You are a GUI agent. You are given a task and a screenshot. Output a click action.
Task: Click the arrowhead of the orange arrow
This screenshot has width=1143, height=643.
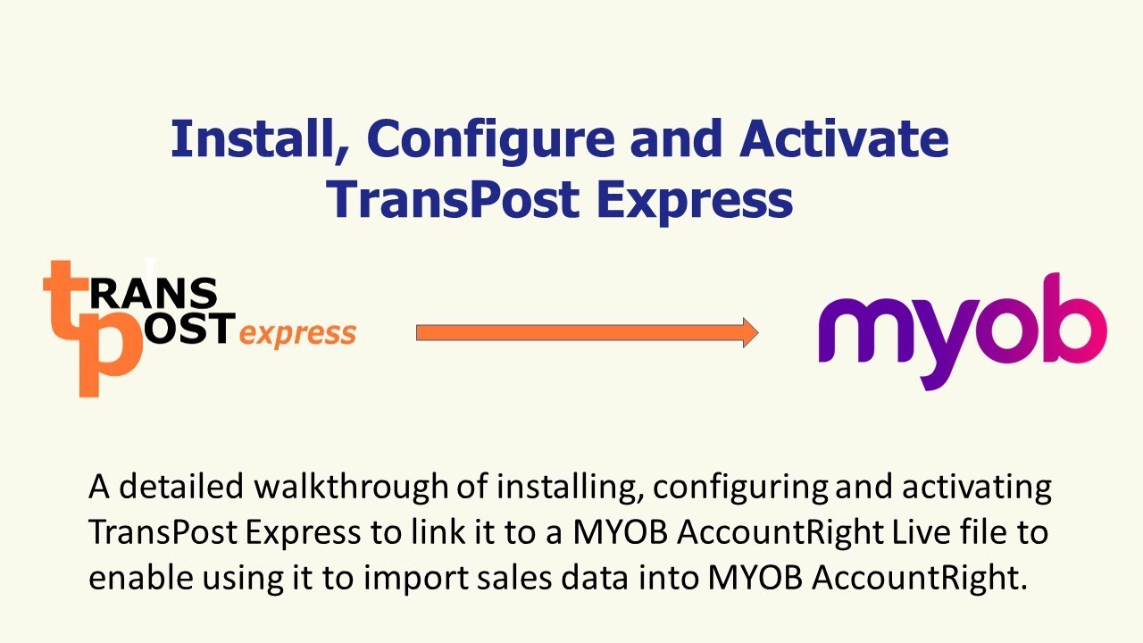748,333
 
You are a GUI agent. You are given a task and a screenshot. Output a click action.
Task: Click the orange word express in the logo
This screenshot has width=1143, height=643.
298,334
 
